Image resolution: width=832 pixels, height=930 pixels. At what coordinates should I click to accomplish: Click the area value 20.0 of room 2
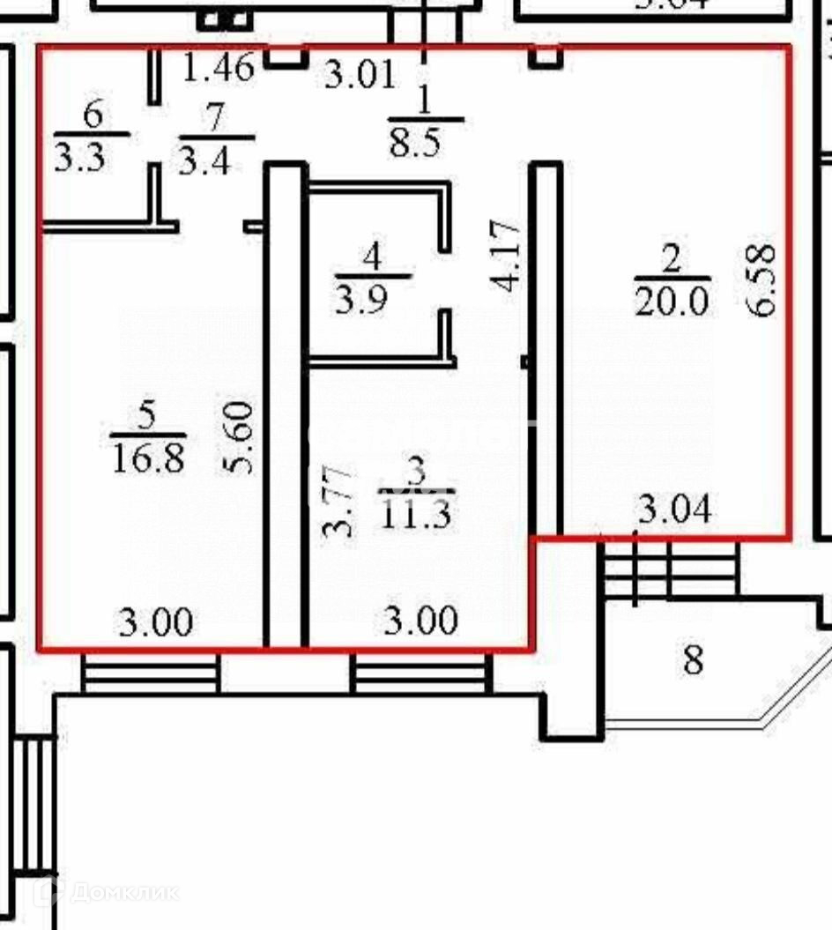[x=672, y=302]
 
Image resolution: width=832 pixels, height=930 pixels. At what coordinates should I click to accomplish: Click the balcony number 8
[x=694, y=659]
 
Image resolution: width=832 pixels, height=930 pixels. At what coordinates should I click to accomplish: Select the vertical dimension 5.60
[x=241, y=438]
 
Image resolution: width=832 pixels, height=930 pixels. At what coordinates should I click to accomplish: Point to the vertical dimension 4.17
[x=509, y=257]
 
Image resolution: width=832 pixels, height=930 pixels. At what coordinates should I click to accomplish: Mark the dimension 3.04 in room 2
[x=674, y=510]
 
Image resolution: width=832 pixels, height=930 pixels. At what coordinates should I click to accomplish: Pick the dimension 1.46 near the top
[x=219, y=68]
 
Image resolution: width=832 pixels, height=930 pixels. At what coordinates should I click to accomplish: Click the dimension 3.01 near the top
[x=360, y=74]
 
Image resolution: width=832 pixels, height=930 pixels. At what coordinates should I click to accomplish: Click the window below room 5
[x=151, y=673]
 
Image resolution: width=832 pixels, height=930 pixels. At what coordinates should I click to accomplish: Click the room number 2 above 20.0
[x=671, y=259]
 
